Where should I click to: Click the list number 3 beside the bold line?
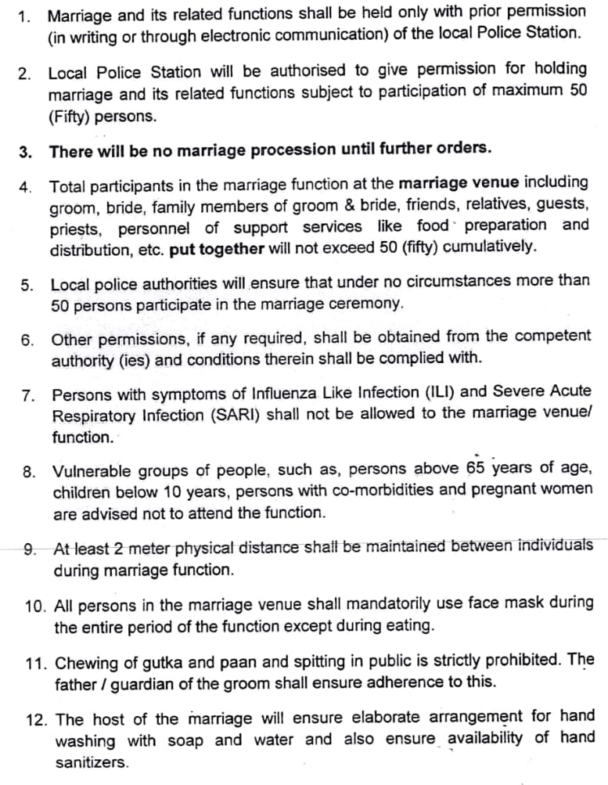click(x=26, y=151)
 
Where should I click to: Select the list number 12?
click(x=35, y=718)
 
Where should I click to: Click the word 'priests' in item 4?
click(x=76, y=229)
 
